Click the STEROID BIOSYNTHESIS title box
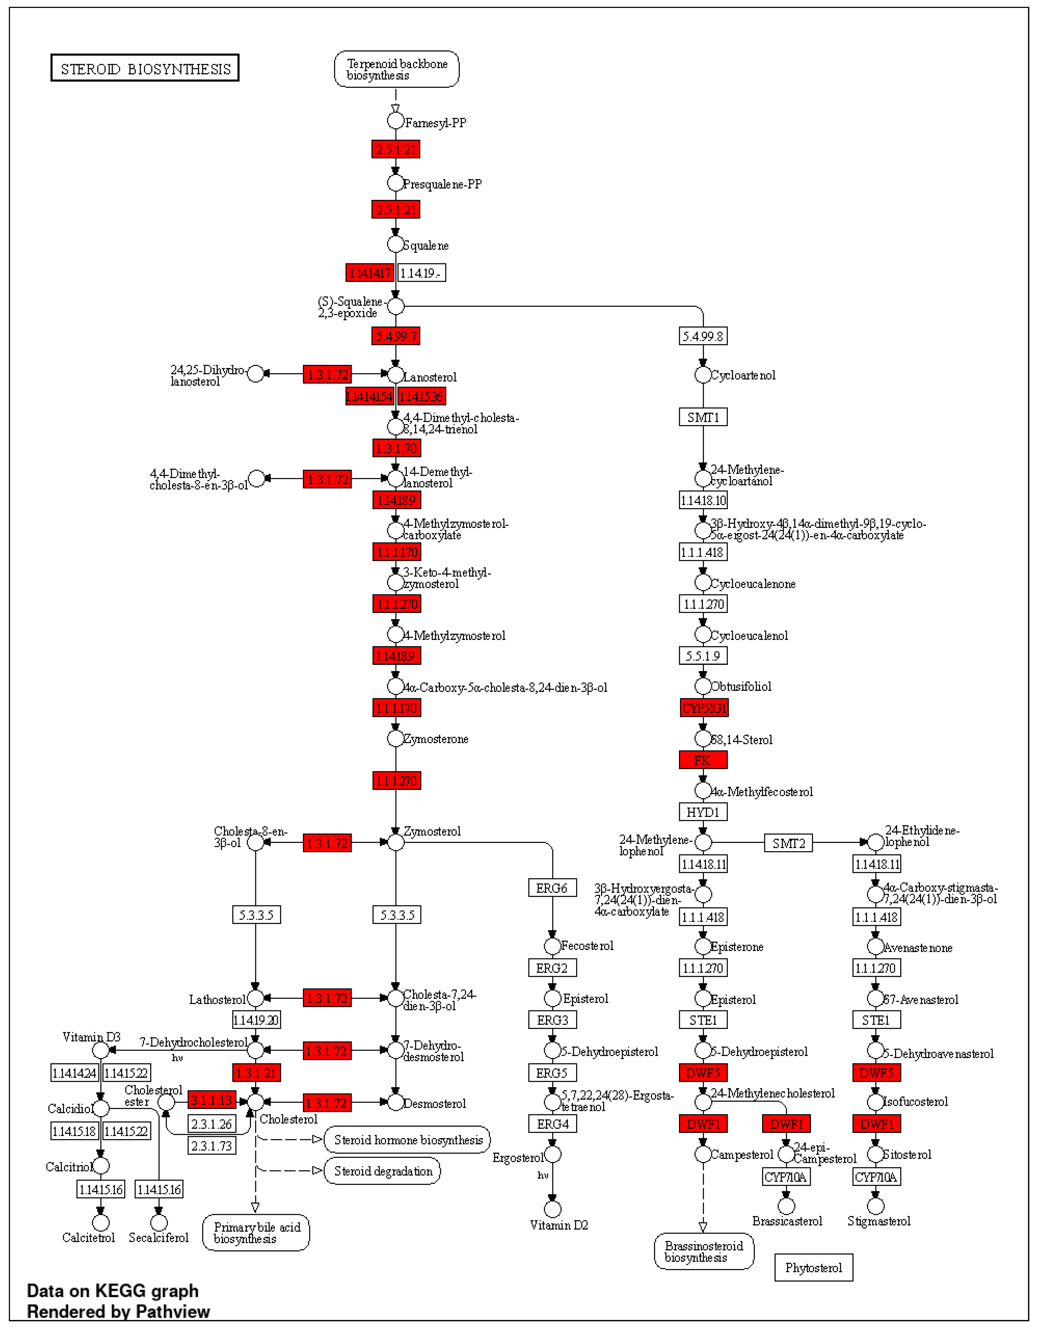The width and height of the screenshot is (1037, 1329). point(145,68)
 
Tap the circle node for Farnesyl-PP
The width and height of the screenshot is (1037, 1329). point(396,121)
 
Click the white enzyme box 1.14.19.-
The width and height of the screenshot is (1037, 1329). point(421,273)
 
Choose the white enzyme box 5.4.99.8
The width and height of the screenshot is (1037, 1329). point(703,336)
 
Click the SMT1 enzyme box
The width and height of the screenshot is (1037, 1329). point(703,417)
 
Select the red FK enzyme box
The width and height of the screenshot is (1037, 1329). point(703,760)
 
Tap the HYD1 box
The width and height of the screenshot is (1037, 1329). point(703,812)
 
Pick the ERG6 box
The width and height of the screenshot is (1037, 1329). point(552,889)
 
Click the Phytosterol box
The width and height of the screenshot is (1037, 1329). point(814,1268)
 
